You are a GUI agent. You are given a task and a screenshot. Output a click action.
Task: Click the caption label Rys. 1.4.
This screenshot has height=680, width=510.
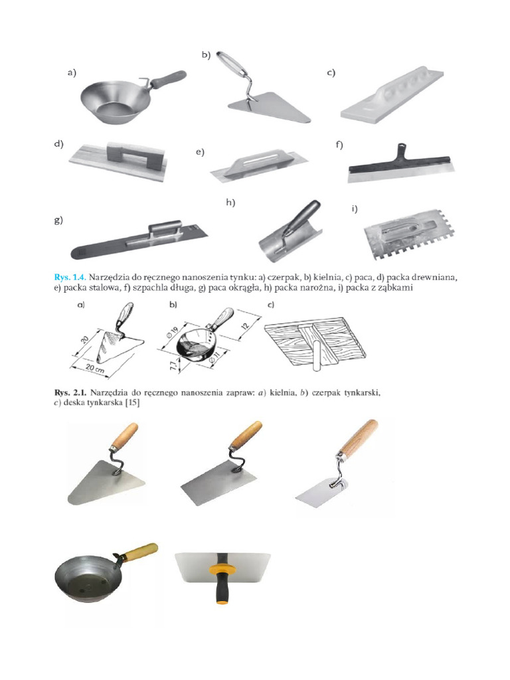(x=68, y=274)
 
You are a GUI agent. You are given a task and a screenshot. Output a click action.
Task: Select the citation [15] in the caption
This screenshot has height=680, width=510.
(x=129, y=402)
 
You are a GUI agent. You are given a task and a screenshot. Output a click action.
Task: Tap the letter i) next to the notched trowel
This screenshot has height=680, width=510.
(x=355, y=209)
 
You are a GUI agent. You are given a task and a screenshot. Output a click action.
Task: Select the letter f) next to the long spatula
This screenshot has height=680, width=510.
(x=339, y=145)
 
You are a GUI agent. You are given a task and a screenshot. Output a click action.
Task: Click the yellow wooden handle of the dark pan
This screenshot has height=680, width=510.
(x=140, y=551)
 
